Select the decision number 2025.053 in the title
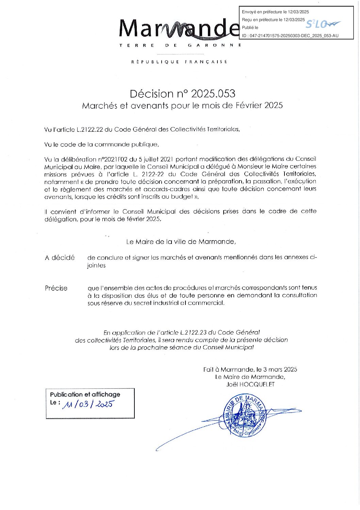(x=213, y=94)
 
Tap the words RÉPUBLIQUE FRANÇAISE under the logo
(x=179, y=62)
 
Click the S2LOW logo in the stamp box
(x=322, y=24)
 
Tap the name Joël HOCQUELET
(x=250, y=385)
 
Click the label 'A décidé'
(x=60, y=258)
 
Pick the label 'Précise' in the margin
(x=56, y=288)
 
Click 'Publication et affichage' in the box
(x=85, y=395)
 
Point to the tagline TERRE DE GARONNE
(x=180, y=45)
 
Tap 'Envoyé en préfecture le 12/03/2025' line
(x=275, y=12)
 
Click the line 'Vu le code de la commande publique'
(x=101, y=144)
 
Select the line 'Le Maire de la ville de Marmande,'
(x=181, y=242)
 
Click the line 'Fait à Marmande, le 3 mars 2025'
(x=250, y=369)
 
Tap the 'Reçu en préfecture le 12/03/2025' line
(x=273, y=20)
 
